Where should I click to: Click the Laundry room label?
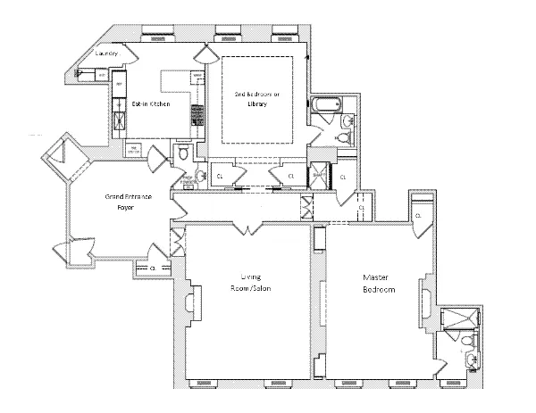(x=106, y=54)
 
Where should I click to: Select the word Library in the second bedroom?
(x=257, y=103)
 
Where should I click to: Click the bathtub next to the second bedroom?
(x=322, y=114)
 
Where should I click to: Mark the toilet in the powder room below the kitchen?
(x=182, y=154)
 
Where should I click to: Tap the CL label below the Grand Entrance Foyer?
(x=153, y=268)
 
